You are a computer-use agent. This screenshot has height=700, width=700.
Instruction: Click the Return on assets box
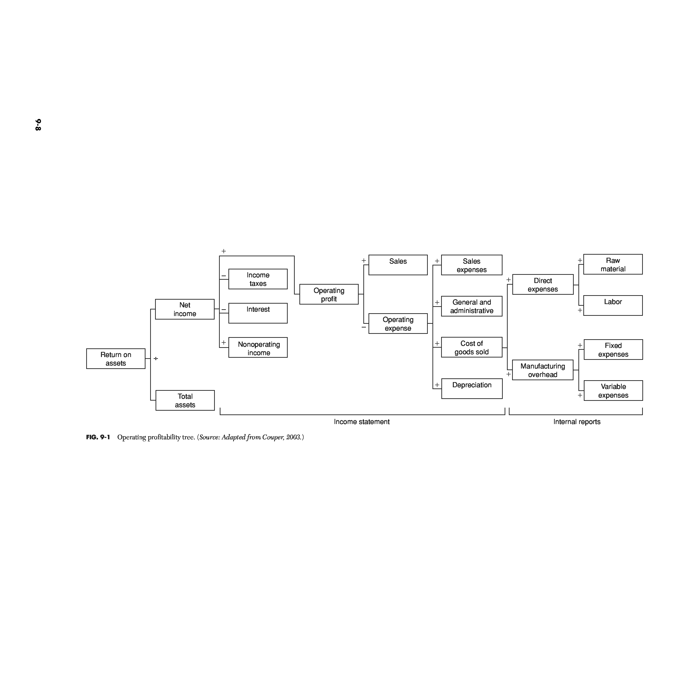click(x=115, y=359)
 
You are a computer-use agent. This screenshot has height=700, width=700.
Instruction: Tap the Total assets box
click(x=185, y=400)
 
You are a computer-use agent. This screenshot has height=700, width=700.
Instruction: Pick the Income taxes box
click(x=258, y=279)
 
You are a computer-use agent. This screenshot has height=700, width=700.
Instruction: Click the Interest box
click(x=258, y=313)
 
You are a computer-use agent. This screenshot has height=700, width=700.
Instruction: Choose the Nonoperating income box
click(x=258, y=348)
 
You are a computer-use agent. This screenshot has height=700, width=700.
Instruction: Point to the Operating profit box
click(x=329, y=294)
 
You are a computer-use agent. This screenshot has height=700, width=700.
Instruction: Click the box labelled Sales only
click(x=398, y=265)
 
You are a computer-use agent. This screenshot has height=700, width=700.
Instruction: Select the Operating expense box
click(x=398, y=324)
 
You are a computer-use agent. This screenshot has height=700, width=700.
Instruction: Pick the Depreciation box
click(x=472, y=389)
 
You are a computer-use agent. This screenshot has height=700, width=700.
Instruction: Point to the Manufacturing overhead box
click(x=543, y=370)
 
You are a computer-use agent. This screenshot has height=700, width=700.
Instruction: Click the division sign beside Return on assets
click(x=156, y=359)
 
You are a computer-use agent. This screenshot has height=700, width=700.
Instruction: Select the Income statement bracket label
click(x=361, y=422)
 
